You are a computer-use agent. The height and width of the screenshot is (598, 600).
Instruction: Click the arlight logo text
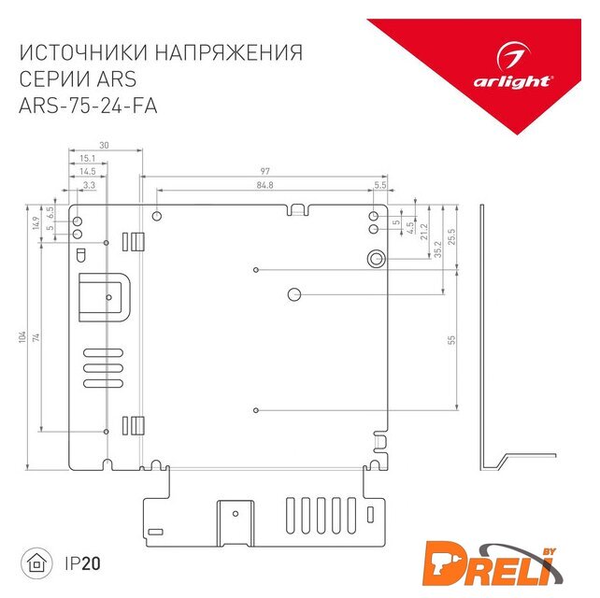[x=512, y=81]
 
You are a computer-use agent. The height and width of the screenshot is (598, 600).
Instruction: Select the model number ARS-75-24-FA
[x=88, y=106]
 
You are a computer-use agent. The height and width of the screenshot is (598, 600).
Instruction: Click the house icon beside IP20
[x=36, y=563]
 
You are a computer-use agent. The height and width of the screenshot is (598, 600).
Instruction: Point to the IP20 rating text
[x=82, y=563]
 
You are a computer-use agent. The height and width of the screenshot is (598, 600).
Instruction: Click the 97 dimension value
[x=264, y=171]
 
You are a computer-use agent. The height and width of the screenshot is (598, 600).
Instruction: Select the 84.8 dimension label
[x=264, y=185]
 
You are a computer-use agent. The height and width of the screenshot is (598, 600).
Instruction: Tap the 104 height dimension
[x=22, y=337]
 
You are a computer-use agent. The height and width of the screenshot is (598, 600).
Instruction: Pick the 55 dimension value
[x=451, y=340]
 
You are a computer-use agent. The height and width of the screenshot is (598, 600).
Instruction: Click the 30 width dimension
[x=104, y=146]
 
